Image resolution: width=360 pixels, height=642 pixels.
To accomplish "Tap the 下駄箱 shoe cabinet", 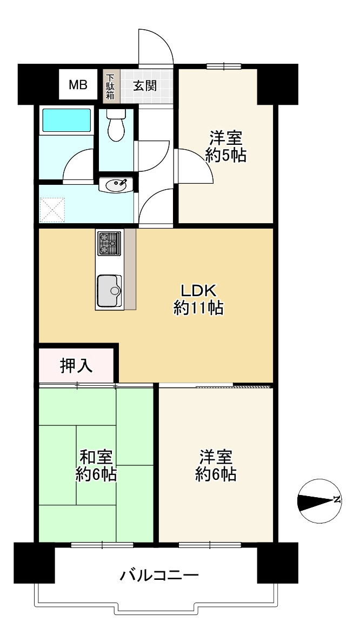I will [x=110, y=86].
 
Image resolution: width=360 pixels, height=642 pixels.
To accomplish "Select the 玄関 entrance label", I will [x=145, y=85].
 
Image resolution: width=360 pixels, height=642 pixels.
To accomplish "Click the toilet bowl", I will [x=116, y=126].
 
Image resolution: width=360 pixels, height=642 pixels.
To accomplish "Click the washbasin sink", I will [x=116, y=185].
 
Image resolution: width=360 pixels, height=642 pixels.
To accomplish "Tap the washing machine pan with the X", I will [x=52, y=210].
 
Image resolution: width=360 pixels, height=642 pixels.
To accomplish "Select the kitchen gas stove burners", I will [x=110, y=244].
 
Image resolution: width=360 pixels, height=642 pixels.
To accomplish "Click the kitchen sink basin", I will [x=110, y=290].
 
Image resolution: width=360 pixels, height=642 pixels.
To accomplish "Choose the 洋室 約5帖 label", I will [x=226, y=146].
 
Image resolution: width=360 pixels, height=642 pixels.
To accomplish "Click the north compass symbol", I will [x=318, y=500].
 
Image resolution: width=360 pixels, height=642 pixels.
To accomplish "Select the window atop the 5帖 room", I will [x=224, y=66].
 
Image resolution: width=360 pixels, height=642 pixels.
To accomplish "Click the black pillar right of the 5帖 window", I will [x=277, y=84].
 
